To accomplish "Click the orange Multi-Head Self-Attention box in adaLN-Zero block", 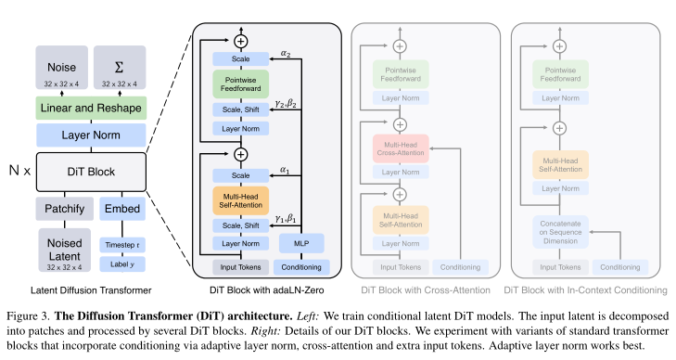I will click(239, 199).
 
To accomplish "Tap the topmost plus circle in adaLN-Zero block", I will click(241, 41).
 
